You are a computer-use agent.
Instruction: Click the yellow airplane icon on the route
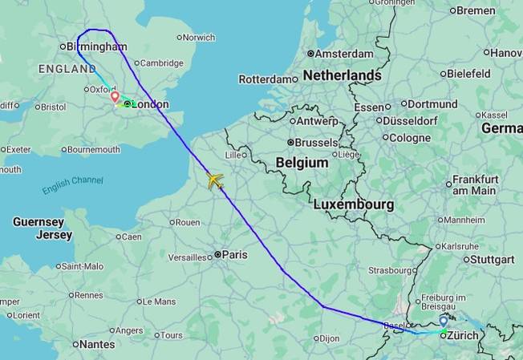[214, 180]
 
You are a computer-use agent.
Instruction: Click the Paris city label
[234, 254]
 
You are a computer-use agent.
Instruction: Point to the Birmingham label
[96, 47]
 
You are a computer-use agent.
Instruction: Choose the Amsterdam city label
[344, 54]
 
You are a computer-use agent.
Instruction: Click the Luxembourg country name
[353, 204]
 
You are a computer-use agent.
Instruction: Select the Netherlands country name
[341, 75]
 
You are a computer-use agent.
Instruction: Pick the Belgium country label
[302, 163]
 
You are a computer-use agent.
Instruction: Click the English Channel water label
[72, 185]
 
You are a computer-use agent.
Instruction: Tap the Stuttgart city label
[493, 259]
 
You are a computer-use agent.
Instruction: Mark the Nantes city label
[96, 344]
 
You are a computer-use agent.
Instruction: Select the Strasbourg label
[390, 270]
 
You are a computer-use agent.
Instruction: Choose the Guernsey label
[38, 221]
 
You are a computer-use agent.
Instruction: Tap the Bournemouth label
[94, 149]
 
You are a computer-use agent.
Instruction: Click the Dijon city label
[329, 338]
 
